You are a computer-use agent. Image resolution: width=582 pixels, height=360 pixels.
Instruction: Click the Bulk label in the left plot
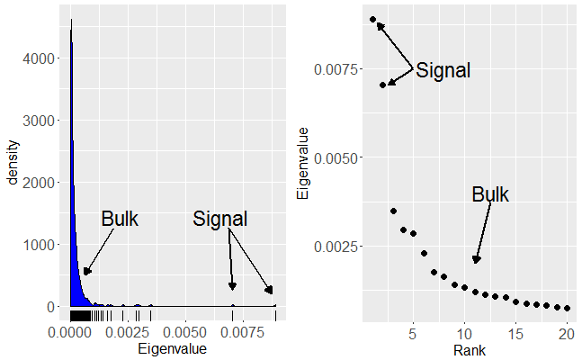click(x=119, y=219)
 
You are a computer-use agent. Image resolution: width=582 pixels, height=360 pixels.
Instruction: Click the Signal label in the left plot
click(x=220, y=219)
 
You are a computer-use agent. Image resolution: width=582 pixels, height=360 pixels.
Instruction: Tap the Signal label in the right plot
click(x=443, y=70)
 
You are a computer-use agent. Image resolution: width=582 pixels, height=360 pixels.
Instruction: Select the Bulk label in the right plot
click(x=490, y=194)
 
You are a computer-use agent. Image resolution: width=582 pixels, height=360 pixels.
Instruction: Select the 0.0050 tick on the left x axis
click(x=185, y=332)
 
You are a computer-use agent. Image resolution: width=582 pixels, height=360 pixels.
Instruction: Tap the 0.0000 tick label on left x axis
click(x=71, y=332)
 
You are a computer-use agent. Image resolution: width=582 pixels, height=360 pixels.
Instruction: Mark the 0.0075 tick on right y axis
click(x=335, y=68)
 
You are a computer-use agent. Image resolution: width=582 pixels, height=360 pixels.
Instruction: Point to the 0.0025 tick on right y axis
click(x=335, y=246)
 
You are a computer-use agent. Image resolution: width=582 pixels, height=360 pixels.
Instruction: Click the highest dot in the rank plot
click(x=372, y=19)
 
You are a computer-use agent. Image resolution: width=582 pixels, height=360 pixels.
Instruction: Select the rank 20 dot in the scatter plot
click(x=567, y=308)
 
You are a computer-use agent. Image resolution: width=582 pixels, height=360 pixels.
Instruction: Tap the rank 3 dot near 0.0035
click(x=393, y=211)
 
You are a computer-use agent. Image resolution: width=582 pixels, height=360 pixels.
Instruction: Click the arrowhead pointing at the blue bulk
click(x=87, y=272)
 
